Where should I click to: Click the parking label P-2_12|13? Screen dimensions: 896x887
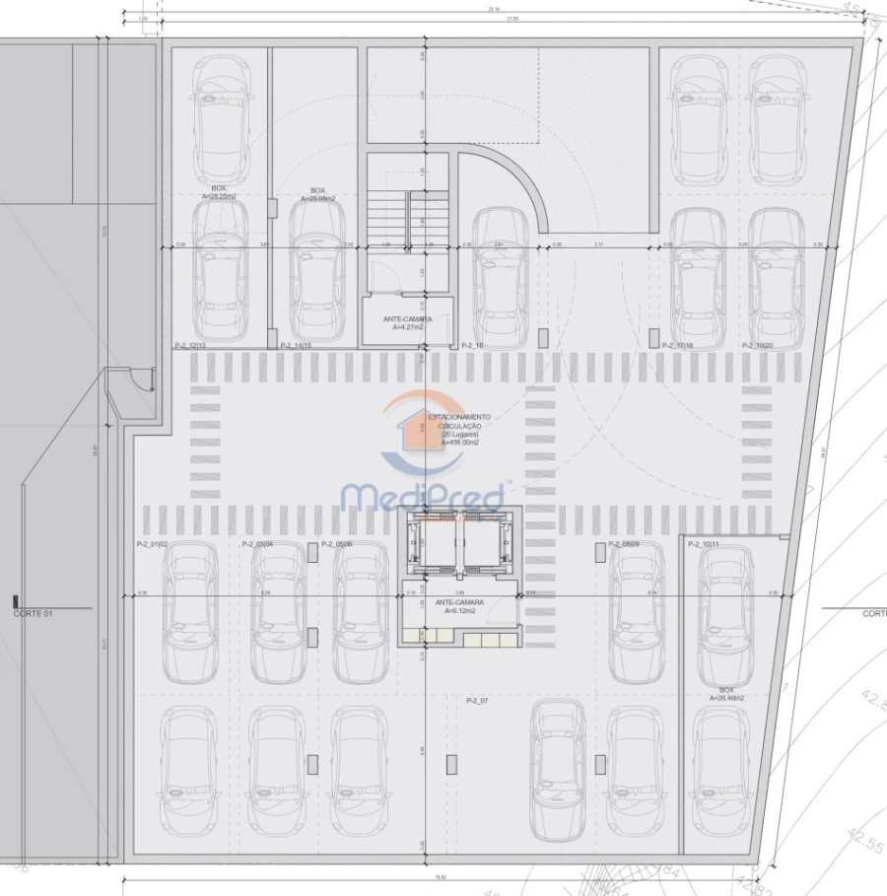coord(189,346)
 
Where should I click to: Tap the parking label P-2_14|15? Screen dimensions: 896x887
coord(296,346)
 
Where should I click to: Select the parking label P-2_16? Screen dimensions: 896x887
coord(472,346)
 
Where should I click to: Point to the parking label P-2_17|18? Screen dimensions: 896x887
coord(679,346)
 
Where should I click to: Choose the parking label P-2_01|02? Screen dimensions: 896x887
coord(153,544)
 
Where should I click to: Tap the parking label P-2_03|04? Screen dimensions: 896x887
coord(258,544)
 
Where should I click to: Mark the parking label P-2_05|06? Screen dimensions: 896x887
coord(338,544)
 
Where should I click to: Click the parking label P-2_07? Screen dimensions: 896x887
coord(478,700)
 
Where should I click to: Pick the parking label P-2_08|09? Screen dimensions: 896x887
coord(624,544)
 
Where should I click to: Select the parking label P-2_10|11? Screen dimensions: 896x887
coord(704,544)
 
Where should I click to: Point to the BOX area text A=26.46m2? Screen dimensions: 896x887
coord(726,698)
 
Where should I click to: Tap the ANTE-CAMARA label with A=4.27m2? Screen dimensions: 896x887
coord(407,323)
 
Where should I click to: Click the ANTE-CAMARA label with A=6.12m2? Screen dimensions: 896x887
coord(458,606)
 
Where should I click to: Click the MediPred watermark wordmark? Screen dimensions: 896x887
coord(421,497)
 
